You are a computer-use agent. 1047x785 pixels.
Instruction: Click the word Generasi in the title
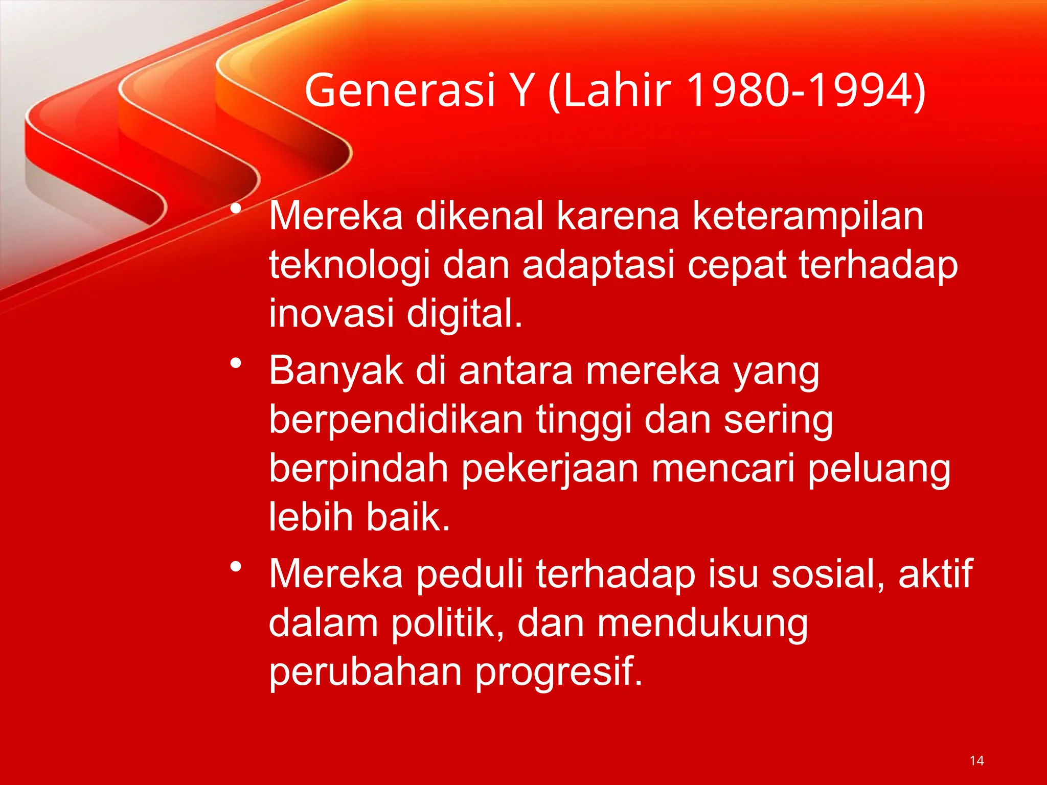tap(400, 90)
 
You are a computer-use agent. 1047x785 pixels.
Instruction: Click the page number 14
tap(976, 760)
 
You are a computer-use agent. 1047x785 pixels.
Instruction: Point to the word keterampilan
tap(808, 217)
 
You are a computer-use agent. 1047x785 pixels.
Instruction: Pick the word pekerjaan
tap(550, 469)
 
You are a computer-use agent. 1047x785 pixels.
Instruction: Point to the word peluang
tap(879, 469)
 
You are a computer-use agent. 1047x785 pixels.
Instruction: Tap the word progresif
tap(558, 672)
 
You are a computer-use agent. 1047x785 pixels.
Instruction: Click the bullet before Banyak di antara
tap(236, 363)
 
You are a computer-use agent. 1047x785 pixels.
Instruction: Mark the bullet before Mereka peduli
tap(236, 567)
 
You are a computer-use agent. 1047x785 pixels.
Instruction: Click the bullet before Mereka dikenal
tap(236, 209)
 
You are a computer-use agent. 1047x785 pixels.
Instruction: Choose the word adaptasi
tap(599, 266)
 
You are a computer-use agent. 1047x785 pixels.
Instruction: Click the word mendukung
tap(702, 624)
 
